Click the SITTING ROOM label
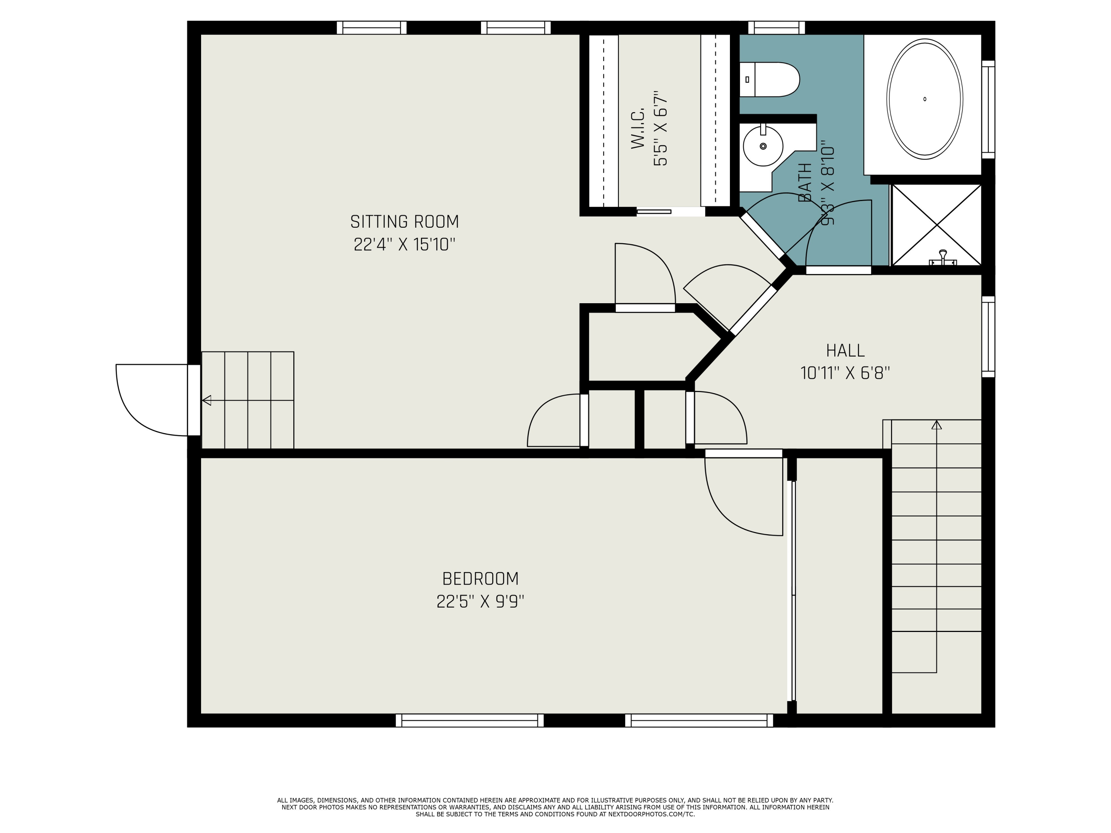[x=404, y=221]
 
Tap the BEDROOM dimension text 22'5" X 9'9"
[x=480, y=602]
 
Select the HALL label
[x=845, y=351]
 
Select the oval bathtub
[x=925, y=100]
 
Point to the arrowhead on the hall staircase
[x=936, y=425]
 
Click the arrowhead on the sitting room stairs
[x=206, y=400]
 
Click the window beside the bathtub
[x=988, y=110]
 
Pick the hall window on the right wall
[x=988, y=337]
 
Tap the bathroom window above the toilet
[x=777, y=28]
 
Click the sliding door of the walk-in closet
[x=654, y=212]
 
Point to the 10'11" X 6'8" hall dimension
[x=845, y=373]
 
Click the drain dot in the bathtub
[x=925, y=99]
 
